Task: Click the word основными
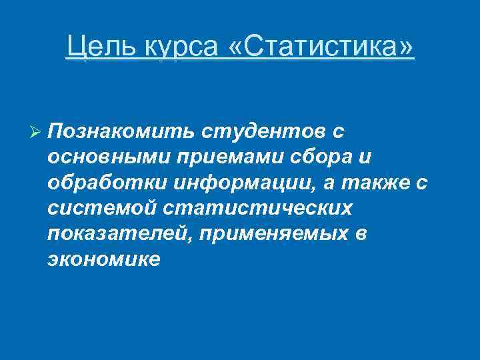pos(109,157)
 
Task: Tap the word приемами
pos(231,157)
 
